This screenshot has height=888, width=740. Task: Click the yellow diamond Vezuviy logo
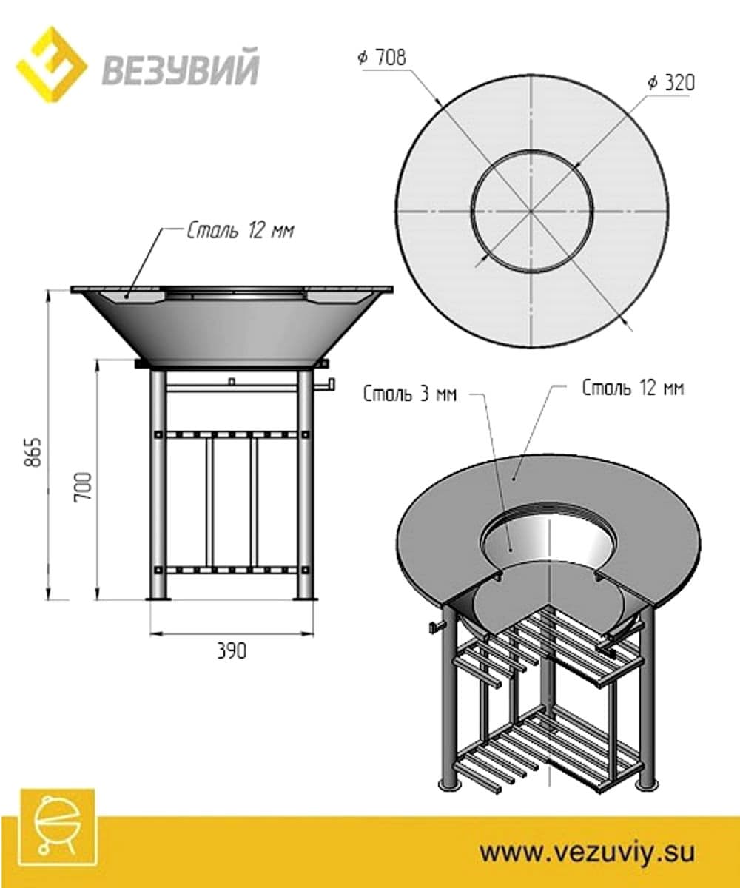coord(52,64)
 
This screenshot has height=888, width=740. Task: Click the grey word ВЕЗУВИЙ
coord(181,67)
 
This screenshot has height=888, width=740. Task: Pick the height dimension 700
coord(84,486)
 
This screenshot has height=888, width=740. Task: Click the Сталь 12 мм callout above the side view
coord(240,231)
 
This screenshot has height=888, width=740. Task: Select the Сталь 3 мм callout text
coord(410,394)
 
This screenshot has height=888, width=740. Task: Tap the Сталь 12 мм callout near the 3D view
coord(633,388)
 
